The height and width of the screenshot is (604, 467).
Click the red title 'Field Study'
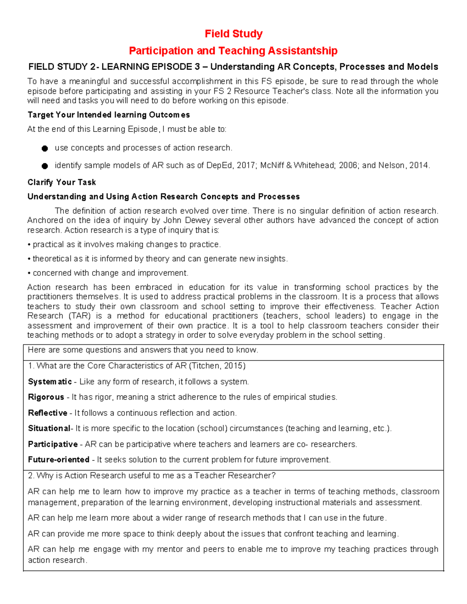(233, 34)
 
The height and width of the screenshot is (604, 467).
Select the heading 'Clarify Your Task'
(61, 182)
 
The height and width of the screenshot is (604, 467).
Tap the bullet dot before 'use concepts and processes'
(45, 148)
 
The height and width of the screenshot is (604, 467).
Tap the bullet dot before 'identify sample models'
(45, 166)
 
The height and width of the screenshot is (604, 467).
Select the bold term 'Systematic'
(50, 382)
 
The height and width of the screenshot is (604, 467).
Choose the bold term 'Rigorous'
(46, 397)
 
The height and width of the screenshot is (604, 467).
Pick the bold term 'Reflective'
(47, 413)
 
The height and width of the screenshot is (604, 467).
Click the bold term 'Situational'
(49, 428)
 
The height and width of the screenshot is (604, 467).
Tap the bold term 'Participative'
(53, 444)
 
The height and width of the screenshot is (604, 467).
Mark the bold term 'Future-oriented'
(58, 460)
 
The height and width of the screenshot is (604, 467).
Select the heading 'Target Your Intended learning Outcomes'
(109, 115)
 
